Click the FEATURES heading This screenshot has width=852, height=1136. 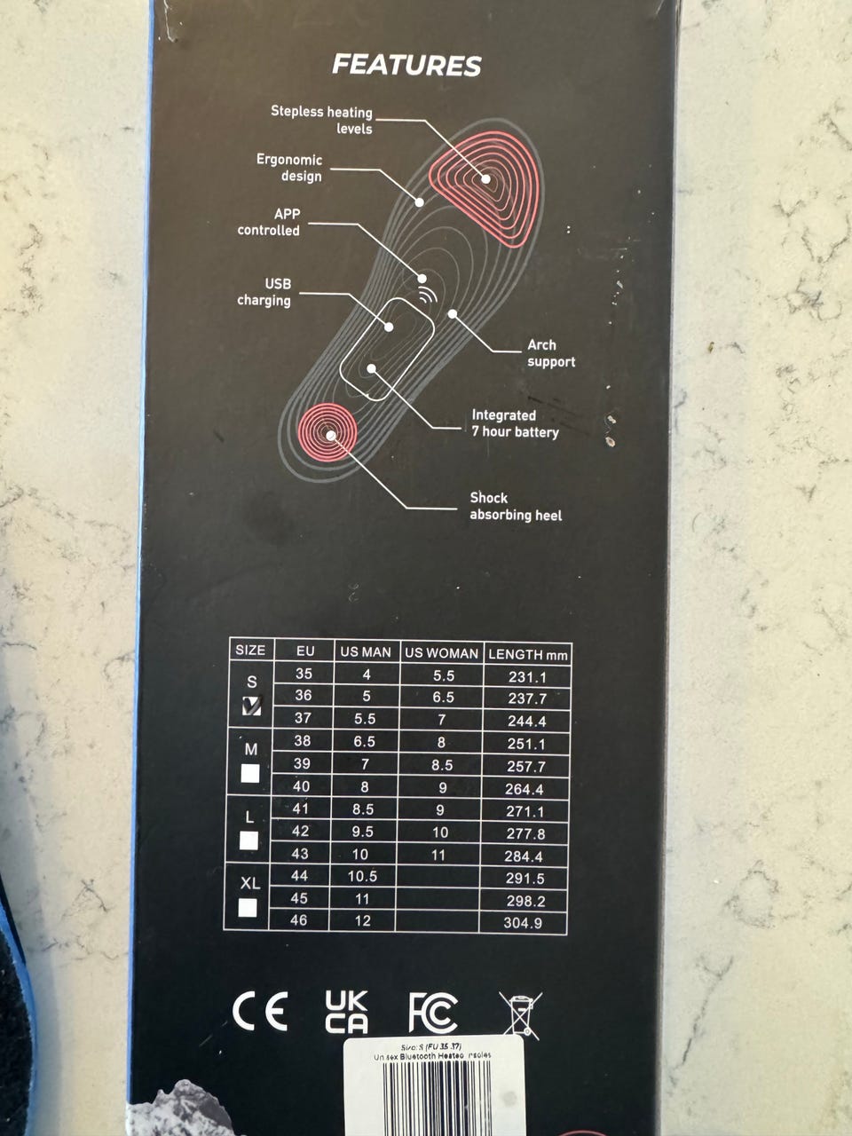[406, 65]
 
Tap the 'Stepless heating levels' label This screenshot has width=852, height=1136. [322, 120]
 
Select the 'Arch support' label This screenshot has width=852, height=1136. [550, 353]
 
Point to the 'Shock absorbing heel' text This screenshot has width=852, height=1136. [515, 506]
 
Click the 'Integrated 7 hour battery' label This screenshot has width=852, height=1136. [515, 423]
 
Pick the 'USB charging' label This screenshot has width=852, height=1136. [264, 292]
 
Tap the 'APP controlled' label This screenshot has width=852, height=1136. [269, 222]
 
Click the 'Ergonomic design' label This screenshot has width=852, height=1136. [289, 168]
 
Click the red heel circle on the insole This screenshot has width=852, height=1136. [328, 434]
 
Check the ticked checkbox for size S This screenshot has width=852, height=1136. [251, 706]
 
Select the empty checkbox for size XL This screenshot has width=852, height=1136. [248, 908]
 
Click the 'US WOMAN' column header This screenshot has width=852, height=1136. [441, 652]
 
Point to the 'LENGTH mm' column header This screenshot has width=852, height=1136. [527, 654]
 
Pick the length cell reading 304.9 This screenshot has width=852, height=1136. [524, 923]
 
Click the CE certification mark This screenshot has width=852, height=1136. [259, 1012]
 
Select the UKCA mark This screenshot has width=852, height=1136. [346, 1012]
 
